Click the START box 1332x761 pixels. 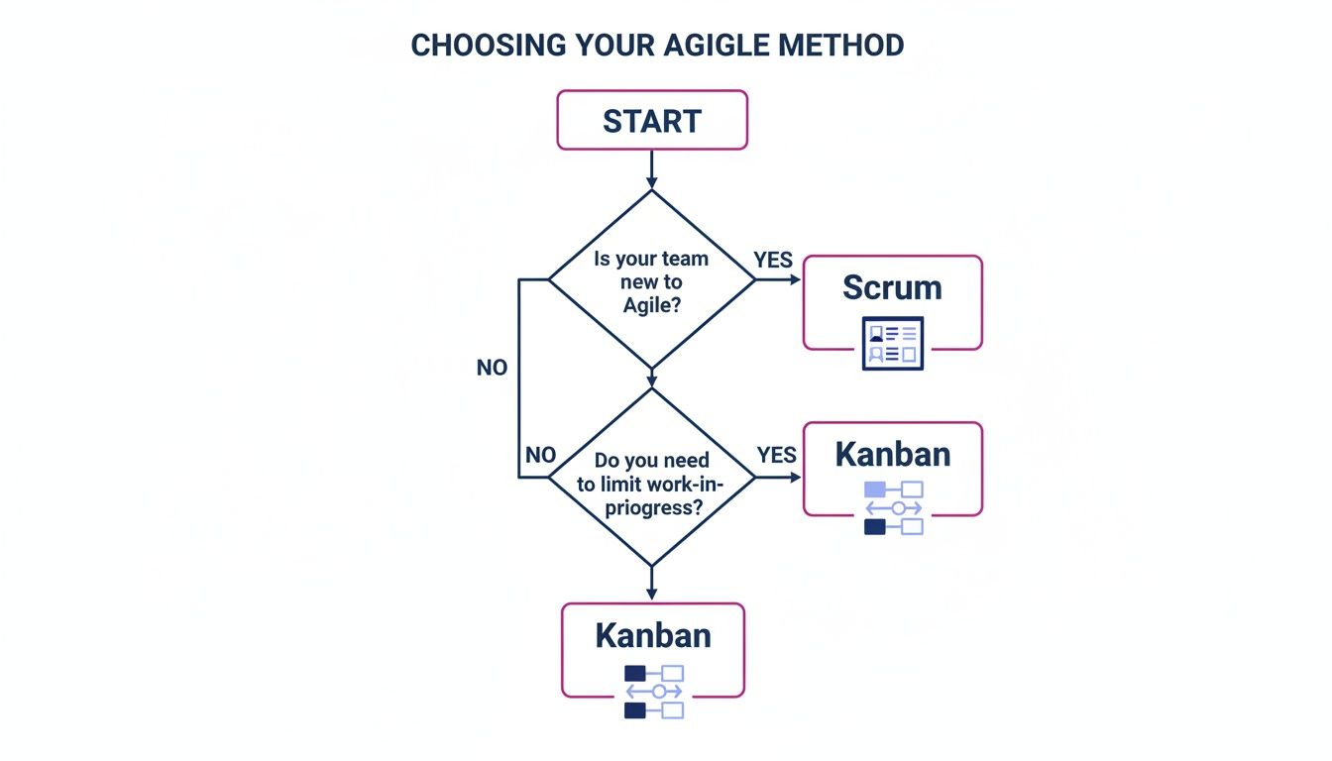click(x=651, y=121)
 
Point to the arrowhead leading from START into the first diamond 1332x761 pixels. click(x=651, y=181)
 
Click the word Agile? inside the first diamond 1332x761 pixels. click(x=652, y=305)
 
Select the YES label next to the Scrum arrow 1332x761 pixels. click(x=773, y=260)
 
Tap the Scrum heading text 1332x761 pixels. click(x=892, y=287)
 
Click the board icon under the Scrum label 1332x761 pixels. click(x=892, y=343)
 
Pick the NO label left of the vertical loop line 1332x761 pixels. click(x=492, y=368)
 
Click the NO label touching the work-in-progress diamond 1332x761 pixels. click(x=540, y=455)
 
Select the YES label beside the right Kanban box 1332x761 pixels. click(x=776, y=455)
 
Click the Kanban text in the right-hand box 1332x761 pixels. click(x=892, y=454)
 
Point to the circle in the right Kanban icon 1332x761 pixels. click(x=898, y=508)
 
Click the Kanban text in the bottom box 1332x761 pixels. click(x=652, y=635)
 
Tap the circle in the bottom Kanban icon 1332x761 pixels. click(x=658, y=692)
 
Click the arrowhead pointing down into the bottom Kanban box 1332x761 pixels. click(x=651, y=593)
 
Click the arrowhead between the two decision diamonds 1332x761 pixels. click(x=651, y=380)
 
